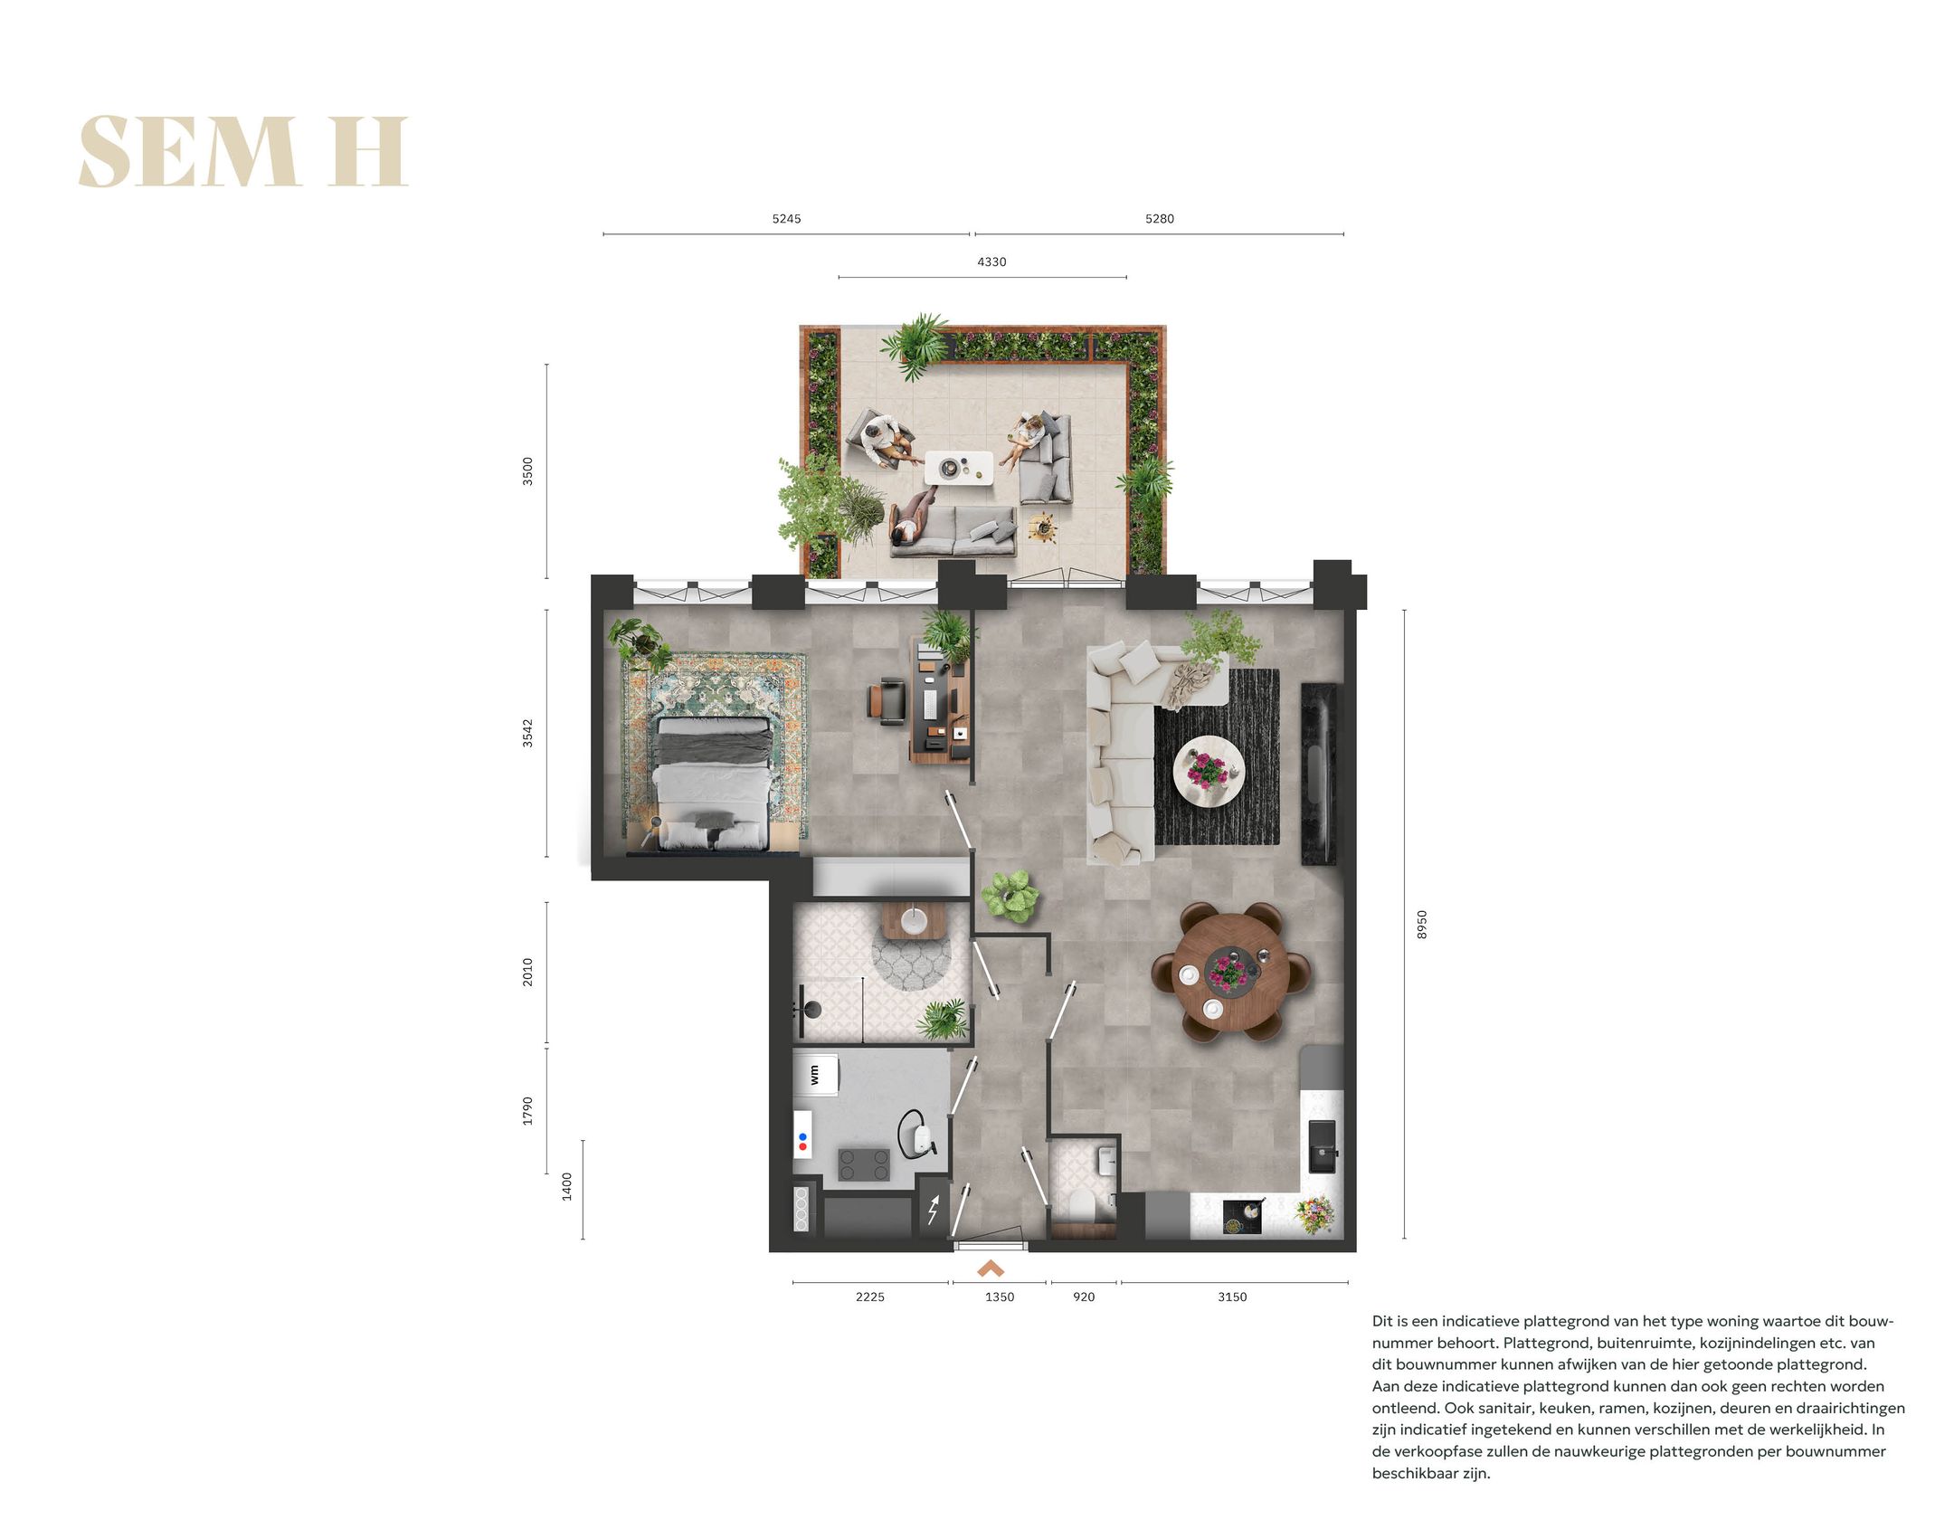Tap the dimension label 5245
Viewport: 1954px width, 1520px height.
[785, 219]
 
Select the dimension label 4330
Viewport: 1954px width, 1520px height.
[991, 262]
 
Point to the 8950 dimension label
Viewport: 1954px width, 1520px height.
[1421, 924]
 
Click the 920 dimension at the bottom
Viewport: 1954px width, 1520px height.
[1083, 1297]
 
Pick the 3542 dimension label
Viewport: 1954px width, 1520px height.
[527, 733]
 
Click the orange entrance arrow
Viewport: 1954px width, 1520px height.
[991, 1269]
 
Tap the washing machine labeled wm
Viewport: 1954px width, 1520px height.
[816, 1074]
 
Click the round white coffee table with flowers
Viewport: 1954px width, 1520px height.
[1209, 772]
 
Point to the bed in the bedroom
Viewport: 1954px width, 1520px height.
[714, 783]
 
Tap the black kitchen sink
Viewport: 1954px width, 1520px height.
[1322, 1145]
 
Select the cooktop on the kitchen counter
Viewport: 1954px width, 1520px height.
[1242, 1217]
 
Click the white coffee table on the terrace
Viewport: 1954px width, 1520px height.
[958, 468]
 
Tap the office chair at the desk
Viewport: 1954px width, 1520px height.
[887, 702]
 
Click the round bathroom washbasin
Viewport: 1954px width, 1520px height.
[914, 920]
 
